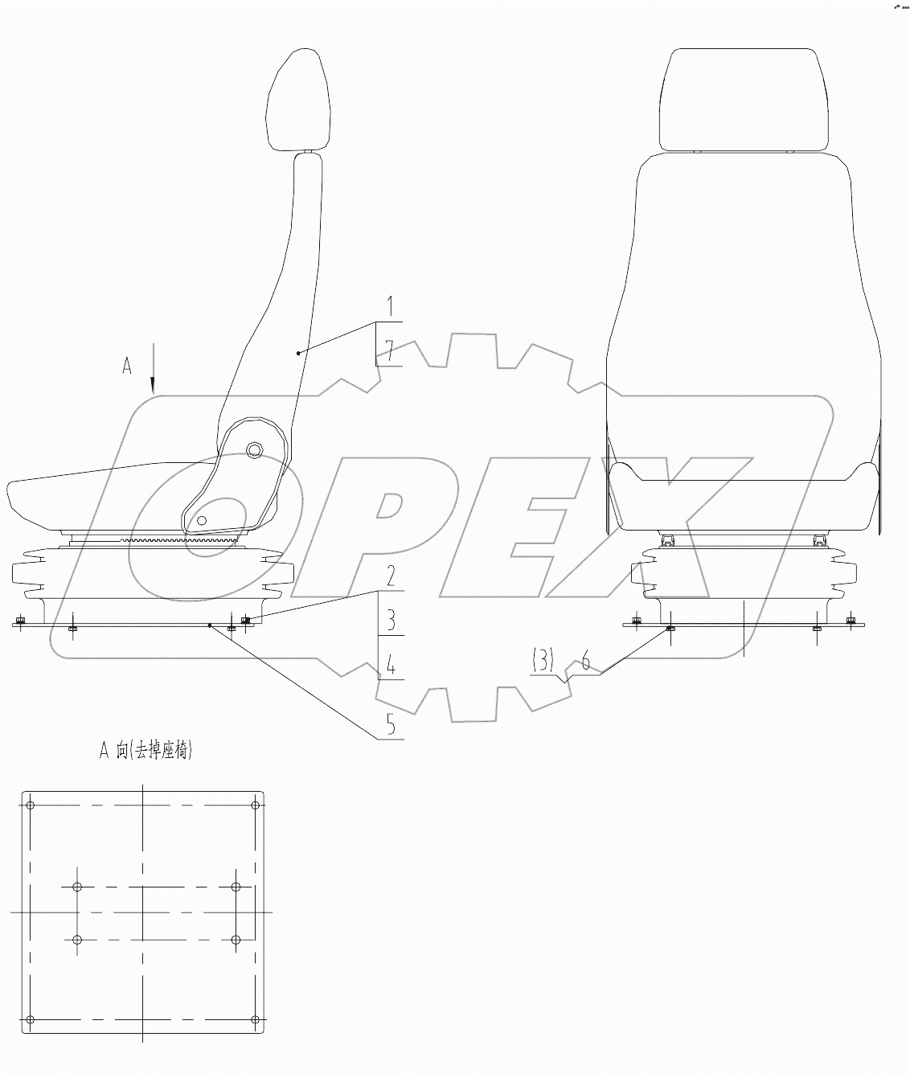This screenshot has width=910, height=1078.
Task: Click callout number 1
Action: tap(390, 306)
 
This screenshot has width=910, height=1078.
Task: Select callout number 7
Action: tap(390, 350)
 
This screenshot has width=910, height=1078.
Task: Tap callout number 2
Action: tap(390, 576)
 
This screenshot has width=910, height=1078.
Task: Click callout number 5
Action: tap(390, 724)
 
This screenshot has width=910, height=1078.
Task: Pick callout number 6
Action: tap(586, 661)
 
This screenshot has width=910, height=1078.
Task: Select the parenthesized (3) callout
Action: tap(543, 661)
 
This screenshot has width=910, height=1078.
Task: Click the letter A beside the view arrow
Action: tap(126, 366)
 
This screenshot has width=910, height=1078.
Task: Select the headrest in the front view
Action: tap(743, 99)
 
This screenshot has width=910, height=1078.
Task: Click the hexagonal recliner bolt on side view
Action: tap(254, 449)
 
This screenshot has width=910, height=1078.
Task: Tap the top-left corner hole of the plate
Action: tap(30, 805)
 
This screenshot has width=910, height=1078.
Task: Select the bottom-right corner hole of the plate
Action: tap(256, 1020)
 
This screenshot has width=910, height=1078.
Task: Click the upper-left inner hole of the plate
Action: tap(77, 887)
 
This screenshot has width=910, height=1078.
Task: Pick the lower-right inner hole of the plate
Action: tap(236, 940)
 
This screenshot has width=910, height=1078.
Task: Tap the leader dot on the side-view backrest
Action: tap(297, 352)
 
